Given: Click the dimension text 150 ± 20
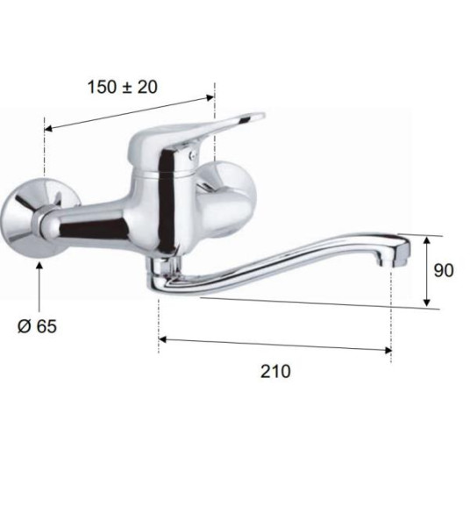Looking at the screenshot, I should tap(122, 87).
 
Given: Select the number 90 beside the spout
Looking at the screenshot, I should tap(444, 270).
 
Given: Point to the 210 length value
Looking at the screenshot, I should tap(275, 371).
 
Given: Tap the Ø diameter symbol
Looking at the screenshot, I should tap(23, 326).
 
